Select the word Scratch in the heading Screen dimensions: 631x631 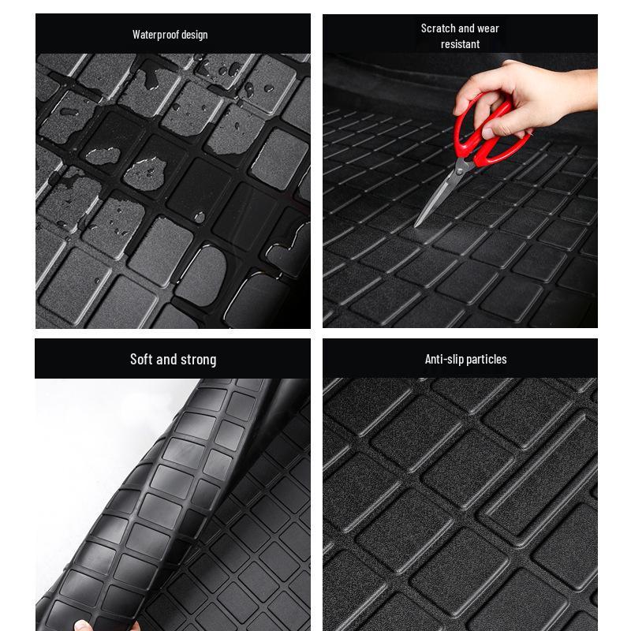coord(438,28)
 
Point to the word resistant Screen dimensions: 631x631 coord(460,44)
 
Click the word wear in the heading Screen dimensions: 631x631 coord(488,28)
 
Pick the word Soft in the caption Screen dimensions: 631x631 coord(141,360)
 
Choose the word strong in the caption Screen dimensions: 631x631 coord(198,360)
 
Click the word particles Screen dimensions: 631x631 coord(488,360)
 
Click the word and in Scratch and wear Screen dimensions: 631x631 coord(467,28)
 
